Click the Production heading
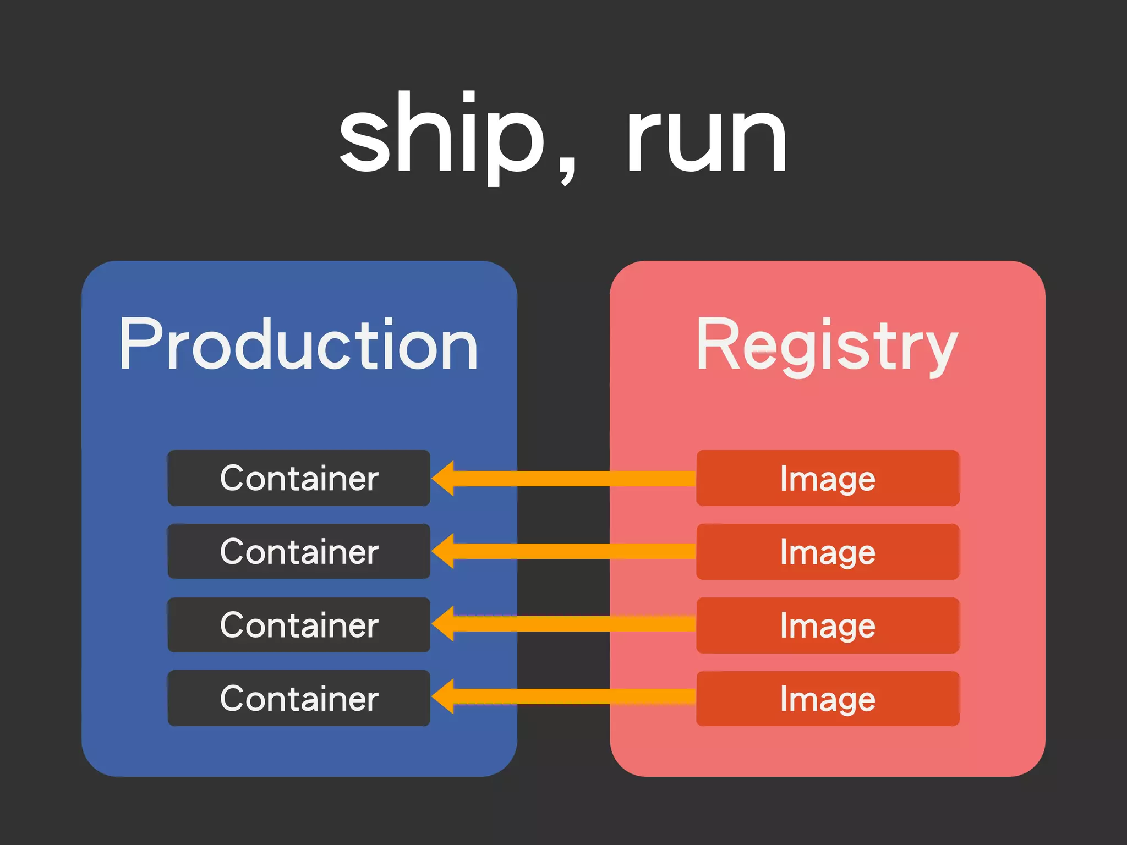pos(298,345)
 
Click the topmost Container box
pos(299,478)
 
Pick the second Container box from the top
pos(299,551)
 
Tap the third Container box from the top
pos(299,625)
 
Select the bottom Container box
pos(299,698)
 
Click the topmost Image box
pos(828,478)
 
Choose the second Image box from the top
pos(828,552)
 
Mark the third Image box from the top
pos(828,625)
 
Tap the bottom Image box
pos(828,699)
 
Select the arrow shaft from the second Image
pos(572,551)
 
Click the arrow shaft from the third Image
pos(572,624)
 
